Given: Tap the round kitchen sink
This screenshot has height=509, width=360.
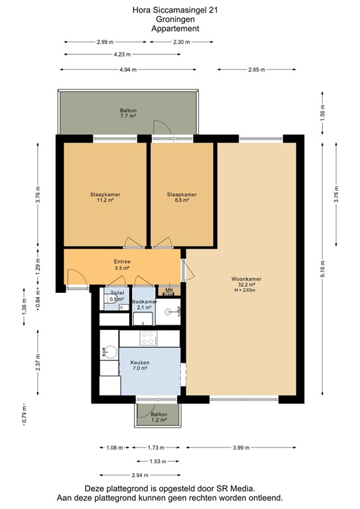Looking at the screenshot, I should (109, 353).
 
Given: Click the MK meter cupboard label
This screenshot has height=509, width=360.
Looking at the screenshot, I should (168, 290).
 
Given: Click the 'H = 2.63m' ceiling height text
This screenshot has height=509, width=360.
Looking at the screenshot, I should (244, 290).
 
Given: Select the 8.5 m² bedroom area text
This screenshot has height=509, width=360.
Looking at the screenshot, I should (182, 200).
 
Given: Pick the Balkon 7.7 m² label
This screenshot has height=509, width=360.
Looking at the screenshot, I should (128, 113).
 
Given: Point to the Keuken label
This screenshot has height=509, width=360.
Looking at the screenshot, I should (140, 363).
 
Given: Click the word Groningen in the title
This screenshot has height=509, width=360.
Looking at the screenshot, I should (174, 20).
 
